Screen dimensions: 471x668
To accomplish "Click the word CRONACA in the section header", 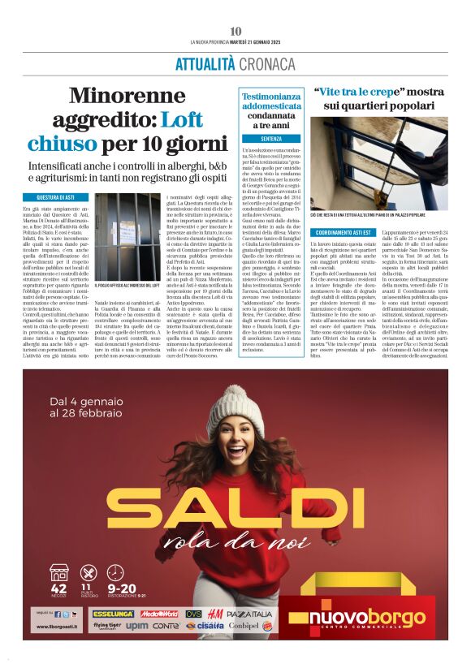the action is [266, 63].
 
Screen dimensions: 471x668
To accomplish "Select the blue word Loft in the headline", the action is [181, 120].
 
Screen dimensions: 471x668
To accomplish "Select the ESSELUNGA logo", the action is [114, 614].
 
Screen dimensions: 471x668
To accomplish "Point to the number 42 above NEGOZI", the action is [58, 588].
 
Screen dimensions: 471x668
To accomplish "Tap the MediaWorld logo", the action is [159, 614].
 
